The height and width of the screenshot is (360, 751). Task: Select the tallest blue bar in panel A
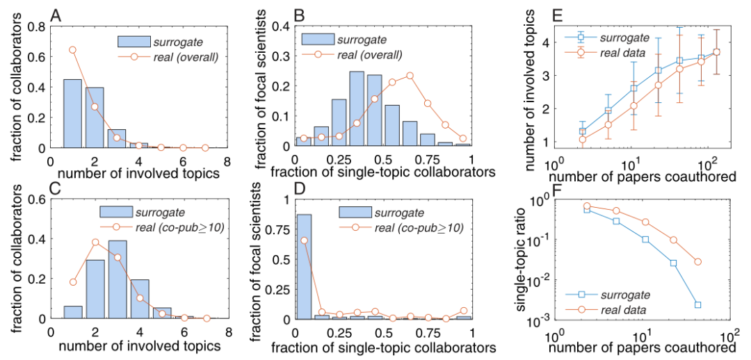(73, 114)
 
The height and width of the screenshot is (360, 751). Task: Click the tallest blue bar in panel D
(303, 267)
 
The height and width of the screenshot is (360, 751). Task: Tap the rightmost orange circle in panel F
(697, 261)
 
